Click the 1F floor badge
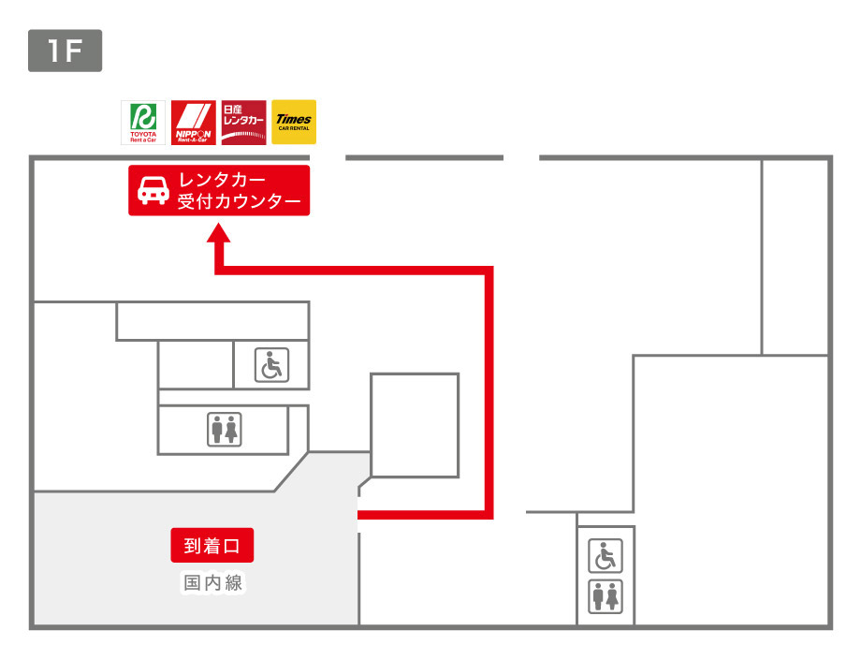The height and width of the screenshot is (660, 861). [65, 51]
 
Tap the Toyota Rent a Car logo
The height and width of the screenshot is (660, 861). [144, 123]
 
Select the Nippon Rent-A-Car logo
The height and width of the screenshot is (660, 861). [194, 123]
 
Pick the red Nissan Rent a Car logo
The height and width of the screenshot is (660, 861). [243, 123]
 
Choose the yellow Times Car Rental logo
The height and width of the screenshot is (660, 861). [293, 123]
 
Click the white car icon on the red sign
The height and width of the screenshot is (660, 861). [153, 190]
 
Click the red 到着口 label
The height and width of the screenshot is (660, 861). [212, 545]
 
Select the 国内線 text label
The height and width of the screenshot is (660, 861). [212, 583]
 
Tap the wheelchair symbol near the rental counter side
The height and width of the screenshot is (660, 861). [272, 364]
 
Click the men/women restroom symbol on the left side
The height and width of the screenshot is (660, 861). [225, 429]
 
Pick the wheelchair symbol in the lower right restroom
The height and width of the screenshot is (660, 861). [606, 557]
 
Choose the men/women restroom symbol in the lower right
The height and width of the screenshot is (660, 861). [606, 596]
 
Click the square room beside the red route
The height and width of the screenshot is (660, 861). [415, 425]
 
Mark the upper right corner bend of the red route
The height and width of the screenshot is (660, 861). [489, 271]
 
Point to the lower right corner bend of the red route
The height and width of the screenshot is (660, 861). [489, 513]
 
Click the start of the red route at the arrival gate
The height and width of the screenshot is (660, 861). [362, 513]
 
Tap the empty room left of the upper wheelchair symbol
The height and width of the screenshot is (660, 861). [195, 364]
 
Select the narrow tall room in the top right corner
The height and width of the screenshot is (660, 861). [795, 257]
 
